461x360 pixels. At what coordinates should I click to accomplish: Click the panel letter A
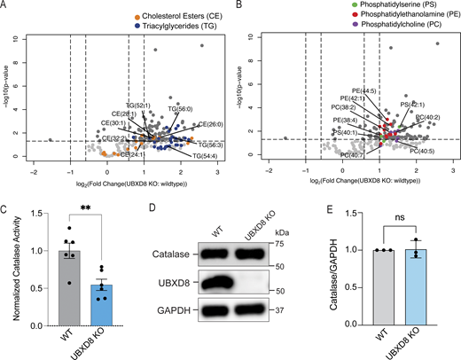5,7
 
